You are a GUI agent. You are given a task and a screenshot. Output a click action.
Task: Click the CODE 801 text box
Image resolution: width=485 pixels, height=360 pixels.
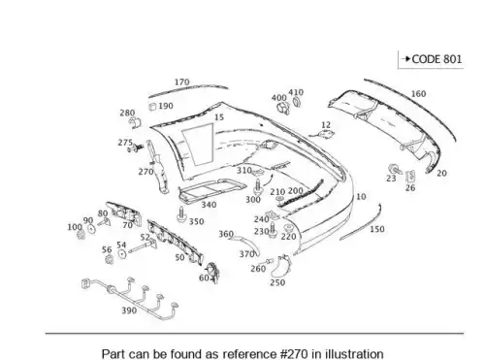pos(431,59)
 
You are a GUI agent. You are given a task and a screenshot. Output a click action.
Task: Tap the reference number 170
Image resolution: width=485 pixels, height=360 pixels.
pos(182,82)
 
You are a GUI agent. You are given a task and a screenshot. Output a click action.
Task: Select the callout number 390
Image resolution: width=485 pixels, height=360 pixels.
pos(129,311)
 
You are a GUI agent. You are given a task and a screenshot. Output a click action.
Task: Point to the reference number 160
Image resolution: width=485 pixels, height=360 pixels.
pos(418,94)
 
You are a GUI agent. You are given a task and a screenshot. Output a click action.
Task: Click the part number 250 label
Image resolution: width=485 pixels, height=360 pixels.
pos(277,282)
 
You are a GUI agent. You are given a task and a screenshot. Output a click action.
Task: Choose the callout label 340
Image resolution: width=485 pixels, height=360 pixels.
pos(209,205)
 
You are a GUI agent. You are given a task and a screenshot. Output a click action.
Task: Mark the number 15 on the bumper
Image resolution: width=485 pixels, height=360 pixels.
pos(219,117)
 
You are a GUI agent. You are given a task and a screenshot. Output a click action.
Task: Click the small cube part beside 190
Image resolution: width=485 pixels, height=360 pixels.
pos(152,107)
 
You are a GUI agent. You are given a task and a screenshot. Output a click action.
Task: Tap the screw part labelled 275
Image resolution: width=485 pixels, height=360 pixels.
pos(136,148)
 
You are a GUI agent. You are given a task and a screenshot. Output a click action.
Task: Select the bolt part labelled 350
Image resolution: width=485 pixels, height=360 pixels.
pos(180,214)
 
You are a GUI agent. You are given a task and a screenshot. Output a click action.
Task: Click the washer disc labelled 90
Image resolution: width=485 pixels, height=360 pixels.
pos(92,229)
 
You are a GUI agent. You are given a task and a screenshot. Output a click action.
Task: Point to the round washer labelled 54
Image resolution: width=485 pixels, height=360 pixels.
pos(122,254)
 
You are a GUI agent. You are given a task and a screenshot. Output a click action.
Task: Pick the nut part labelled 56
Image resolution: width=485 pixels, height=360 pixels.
pos(110,259)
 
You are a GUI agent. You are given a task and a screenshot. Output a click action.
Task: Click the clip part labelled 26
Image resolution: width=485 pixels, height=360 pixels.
pos(410,177)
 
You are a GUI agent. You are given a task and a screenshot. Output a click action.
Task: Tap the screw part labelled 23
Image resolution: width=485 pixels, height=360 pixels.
pos(395,169)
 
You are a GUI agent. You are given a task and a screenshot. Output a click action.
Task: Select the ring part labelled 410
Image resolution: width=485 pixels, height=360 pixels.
pos(296,102)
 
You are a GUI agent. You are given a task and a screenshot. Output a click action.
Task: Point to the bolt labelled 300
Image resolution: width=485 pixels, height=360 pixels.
pos(258,186)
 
